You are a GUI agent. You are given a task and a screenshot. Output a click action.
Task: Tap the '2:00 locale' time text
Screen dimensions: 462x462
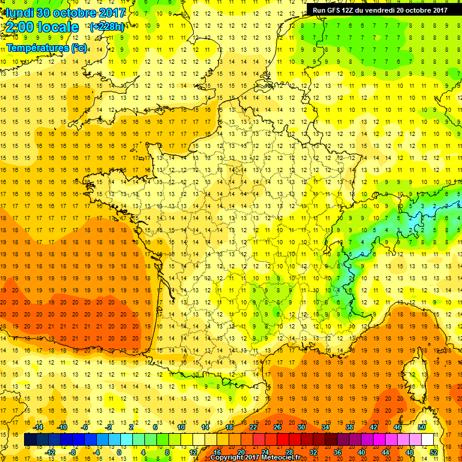pyautogui.click(x=43, y=27)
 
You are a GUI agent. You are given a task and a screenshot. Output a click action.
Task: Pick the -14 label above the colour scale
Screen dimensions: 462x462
pyautogui.click(x=38, y=427)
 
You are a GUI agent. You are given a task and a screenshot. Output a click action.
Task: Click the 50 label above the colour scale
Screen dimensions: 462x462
pyautogui.click(x=421, y=427)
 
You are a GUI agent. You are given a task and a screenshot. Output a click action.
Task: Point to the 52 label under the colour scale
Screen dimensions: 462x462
pyautogui.click(x=434, y=452)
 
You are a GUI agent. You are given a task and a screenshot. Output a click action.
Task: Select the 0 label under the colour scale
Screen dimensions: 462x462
pyautogui.click(x=119, y=452)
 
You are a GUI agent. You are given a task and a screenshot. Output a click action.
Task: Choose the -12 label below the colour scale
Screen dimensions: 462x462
pyautogui.click(x=50, y=452)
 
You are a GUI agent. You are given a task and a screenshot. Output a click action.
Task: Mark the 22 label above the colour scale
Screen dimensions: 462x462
pyautogui.click(x=253, y=427)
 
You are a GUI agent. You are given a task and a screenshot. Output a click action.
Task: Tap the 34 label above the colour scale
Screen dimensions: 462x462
pyautogui.click(x=325, y=427)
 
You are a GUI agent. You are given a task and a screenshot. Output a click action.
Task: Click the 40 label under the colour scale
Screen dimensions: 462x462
pyautogui.click(x=361, y=452)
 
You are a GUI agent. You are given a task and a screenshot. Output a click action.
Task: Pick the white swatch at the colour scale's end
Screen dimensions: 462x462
pyautogui.click(x=427, y=440)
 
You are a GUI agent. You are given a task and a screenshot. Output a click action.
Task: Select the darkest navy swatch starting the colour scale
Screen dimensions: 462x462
pyautogui.click(x=30, y=440)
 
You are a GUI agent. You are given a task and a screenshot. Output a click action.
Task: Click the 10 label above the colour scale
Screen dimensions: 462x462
pyautogui.click(x=180, y=427)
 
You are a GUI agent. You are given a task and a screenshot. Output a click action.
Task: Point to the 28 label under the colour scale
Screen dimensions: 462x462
pyautogui.click(x=289, y=452)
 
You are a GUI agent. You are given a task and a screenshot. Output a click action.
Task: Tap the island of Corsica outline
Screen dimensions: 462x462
pyautogui.click(x=415, y=376)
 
